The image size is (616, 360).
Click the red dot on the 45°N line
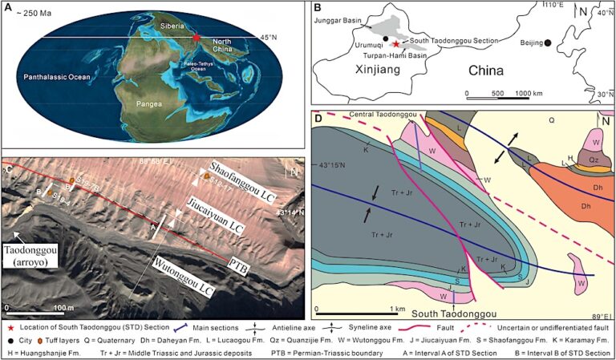point(197,38)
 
